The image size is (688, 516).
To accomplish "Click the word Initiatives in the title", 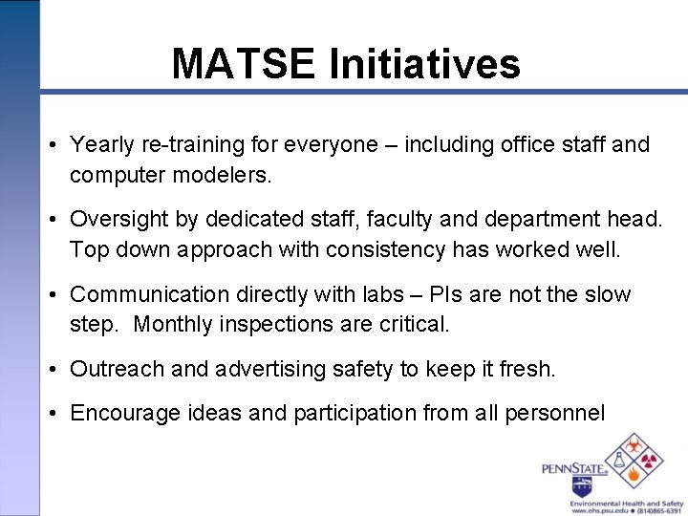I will click(425, 64).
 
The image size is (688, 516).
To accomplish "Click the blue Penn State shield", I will click(581, 484).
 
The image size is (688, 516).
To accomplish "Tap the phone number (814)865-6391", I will click(656, 511).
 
